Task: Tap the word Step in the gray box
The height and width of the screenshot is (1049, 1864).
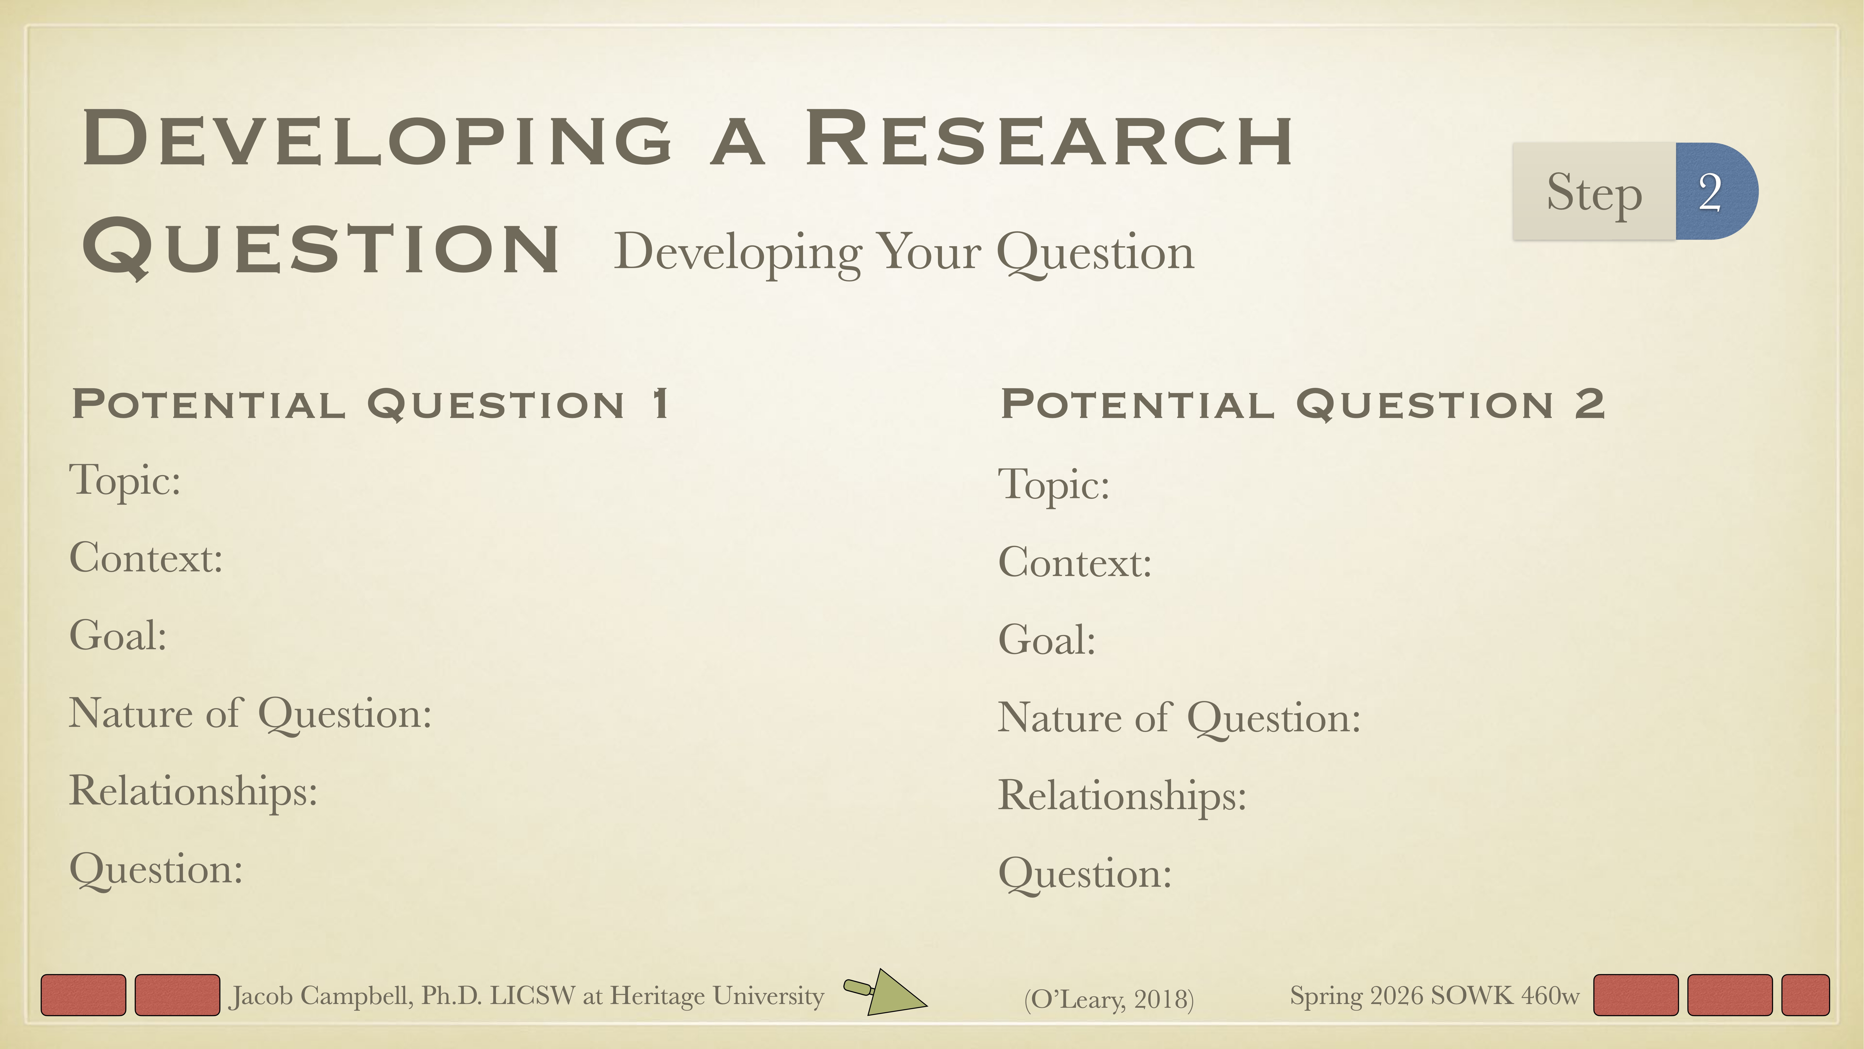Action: pos(1594,193)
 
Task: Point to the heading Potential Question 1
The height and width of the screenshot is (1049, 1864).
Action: pos(370,404)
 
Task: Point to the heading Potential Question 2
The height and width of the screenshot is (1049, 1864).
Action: pos(1303,404)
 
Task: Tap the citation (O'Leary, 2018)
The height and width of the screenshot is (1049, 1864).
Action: pos(1108,999)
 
